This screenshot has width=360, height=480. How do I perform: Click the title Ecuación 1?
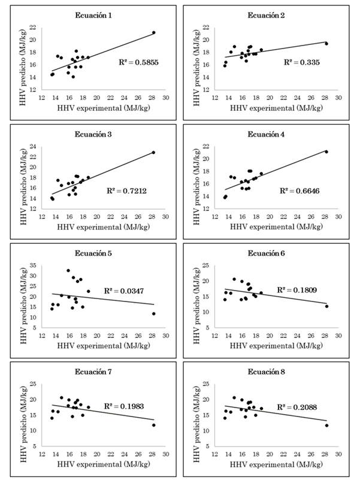[95, 14]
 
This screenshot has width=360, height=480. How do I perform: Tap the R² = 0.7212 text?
[126, 190]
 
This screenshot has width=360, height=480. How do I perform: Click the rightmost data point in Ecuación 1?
[154, 32]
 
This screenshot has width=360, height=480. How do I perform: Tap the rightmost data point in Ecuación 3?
[154, 152]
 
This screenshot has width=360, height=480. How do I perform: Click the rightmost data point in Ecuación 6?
[327, 306]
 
